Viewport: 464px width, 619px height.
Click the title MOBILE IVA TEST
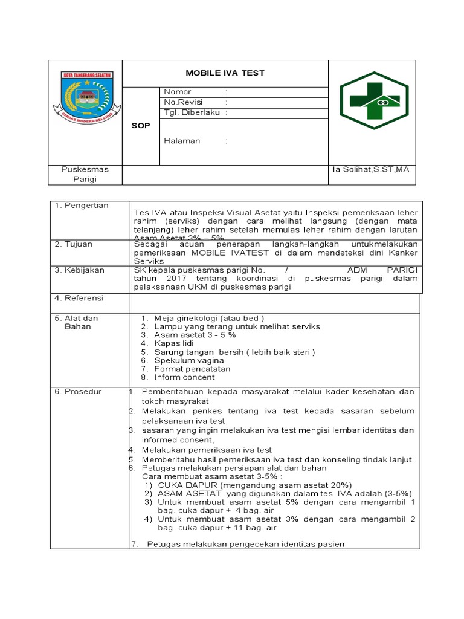pyautogui.click(x=225, y=73)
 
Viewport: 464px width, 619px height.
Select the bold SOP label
pyautogui.click(x=141, y=126)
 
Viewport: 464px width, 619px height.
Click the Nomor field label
pyautogui.click(x=178, y=92)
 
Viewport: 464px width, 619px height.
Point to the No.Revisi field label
pyautogui.click(x=183, y=102)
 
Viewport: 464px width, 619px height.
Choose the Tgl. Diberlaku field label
pyautogui.click(x=192, y=112)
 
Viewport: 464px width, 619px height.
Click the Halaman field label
pyautogui.click(x=182, y=141)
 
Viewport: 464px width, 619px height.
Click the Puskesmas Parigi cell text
pyautogui.click(x=85, y=175)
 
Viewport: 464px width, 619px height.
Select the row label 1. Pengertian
pyautogui.click(x=82, y=206)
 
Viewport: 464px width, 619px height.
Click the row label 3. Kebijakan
pyautogui.click(x=80, y=270)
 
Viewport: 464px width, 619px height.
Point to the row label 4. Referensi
pyautogui.click(x=79, y=298)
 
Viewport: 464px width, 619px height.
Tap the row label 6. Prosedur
pyautogui.click(x=79, y=392)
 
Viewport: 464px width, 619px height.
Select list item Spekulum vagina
pyautogui.click(x=188, y=360)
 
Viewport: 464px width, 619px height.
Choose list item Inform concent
pyautogui.click(x=184, y=377)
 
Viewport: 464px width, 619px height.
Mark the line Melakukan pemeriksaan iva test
pyautogui.click(x=207, y=450)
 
